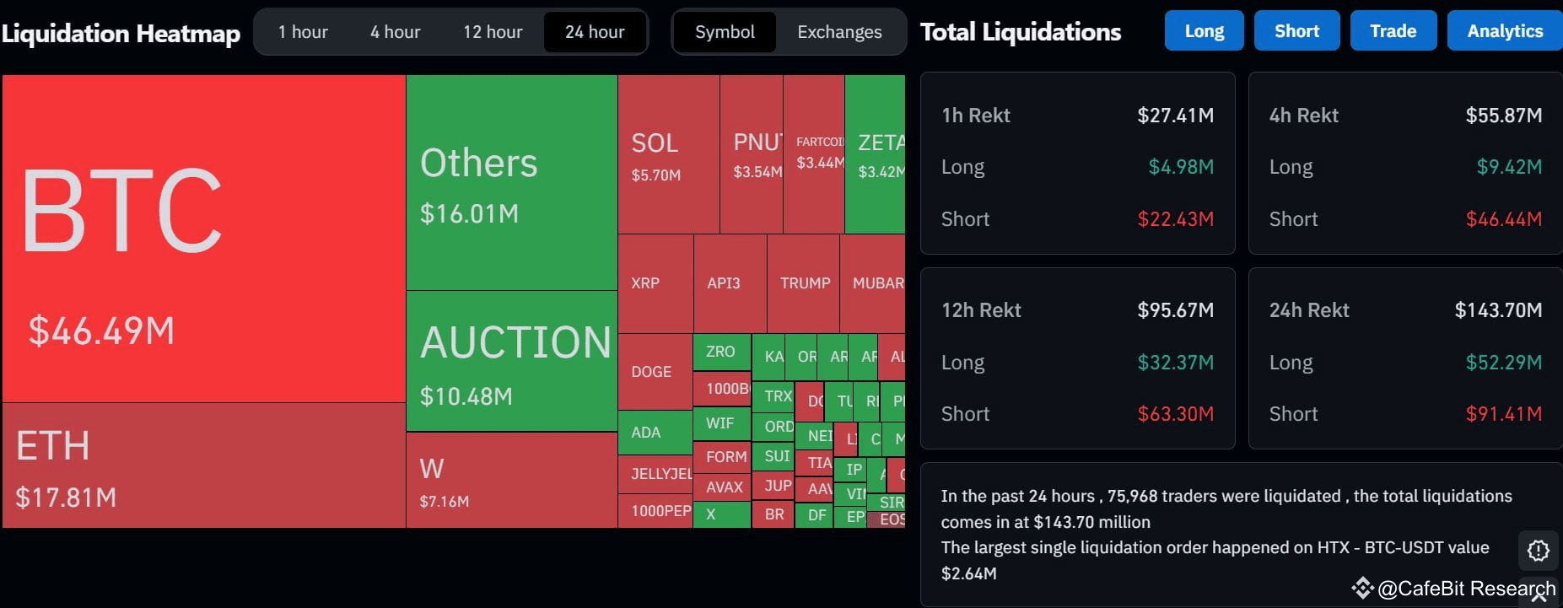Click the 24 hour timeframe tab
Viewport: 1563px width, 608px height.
point(595,32)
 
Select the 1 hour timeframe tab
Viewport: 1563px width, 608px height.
point(303,32)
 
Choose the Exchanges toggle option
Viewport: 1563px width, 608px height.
point(839,32)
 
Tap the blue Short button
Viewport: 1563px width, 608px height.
point(1296,31)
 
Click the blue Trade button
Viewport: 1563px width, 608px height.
point(1393,31)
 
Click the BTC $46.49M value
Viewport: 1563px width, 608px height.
point(101,331)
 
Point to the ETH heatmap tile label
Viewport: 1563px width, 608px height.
point(53,446)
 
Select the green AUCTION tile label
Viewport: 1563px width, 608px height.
point(515,342)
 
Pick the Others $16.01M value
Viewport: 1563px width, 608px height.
point(469,213)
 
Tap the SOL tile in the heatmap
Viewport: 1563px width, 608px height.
point(655,143)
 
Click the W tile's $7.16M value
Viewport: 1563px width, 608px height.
point(444,501)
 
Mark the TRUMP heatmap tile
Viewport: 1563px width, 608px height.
point(805,283)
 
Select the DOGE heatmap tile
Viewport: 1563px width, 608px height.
point(651,372)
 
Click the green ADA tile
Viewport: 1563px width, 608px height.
point(646,433)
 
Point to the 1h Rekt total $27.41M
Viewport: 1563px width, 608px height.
point(1175,116)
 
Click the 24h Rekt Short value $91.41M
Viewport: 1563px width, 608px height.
point(1503,414)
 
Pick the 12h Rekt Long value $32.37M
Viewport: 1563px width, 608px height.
point(1175,363)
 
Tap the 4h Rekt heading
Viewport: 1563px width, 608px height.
point(1303,116)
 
